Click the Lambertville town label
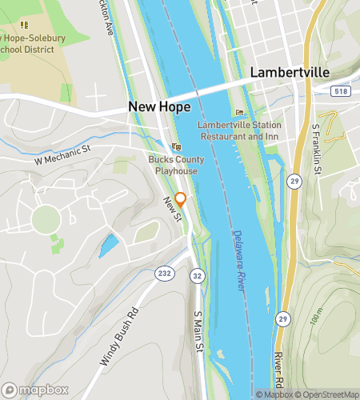(x=290, y=73)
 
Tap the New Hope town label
(x=160, y=106)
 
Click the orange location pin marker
(x=181, y=200)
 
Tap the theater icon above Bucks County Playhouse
(x=177, y=146)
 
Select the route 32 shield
(x=196, y=276)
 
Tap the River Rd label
(x=279, y=368)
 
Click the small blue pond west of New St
(x=107, y=246)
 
